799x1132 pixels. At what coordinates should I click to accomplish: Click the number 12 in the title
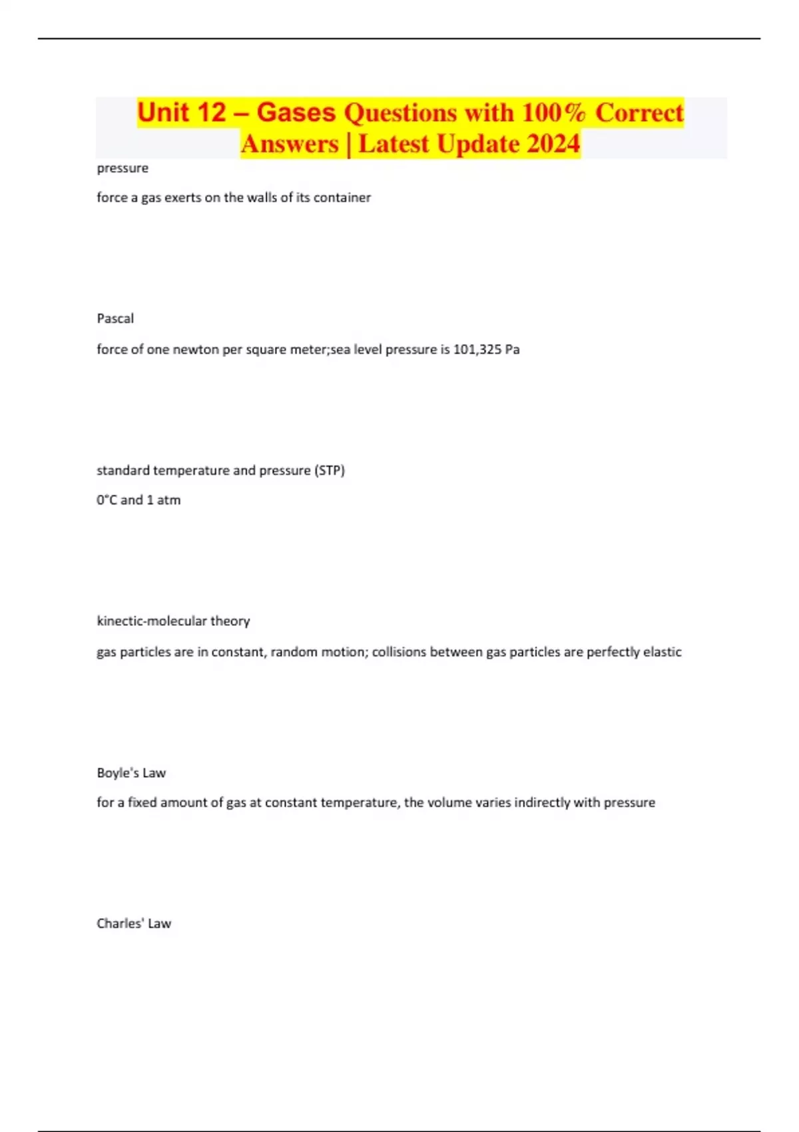[211, 113]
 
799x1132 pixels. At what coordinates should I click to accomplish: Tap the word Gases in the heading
[296, 113]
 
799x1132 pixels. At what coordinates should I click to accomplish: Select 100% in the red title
[554, 113]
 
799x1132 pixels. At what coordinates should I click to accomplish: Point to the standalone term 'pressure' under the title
[123, 168]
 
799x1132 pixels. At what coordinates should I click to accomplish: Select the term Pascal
[115, 319]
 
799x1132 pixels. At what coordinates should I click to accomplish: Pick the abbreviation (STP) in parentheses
[330, 471]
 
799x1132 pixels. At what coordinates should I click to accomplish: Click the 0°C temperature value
[107, 500]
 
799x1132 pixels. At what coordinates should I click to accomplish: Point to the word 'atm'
[169, 500]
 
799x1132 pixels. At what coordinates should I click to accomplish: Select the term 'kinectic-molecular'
[152, 621]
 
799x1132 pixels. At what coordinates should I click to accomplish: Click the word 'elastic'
[661, 652]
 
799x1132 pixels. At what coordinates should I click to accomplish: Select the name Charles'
[120, 924]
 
